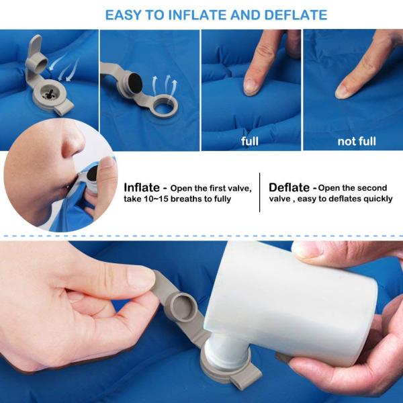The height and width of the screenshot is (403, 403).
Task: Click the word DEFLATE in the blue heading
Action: point(296,15)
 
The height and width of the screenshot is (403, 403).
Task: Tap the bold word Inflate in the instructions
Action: point(142,187)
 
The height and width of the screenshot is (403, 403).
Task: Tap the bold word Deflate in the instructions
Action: point(289,187)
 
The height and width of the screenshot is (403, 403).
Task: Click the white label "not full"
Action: point(357,141)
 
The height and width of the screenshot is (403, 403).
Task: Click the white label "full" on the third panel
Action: point(250,141)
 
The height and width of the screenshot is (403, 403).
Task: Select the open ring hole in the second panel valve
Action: point(165,105)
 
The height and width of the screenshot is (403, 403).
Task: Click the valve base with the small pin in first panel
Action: point(49,95)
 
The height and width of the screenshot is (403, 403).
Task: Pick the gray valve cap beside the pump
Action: point(183,307)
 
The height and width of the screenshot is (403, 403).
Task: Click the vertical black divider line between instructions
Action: point(259,192)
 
